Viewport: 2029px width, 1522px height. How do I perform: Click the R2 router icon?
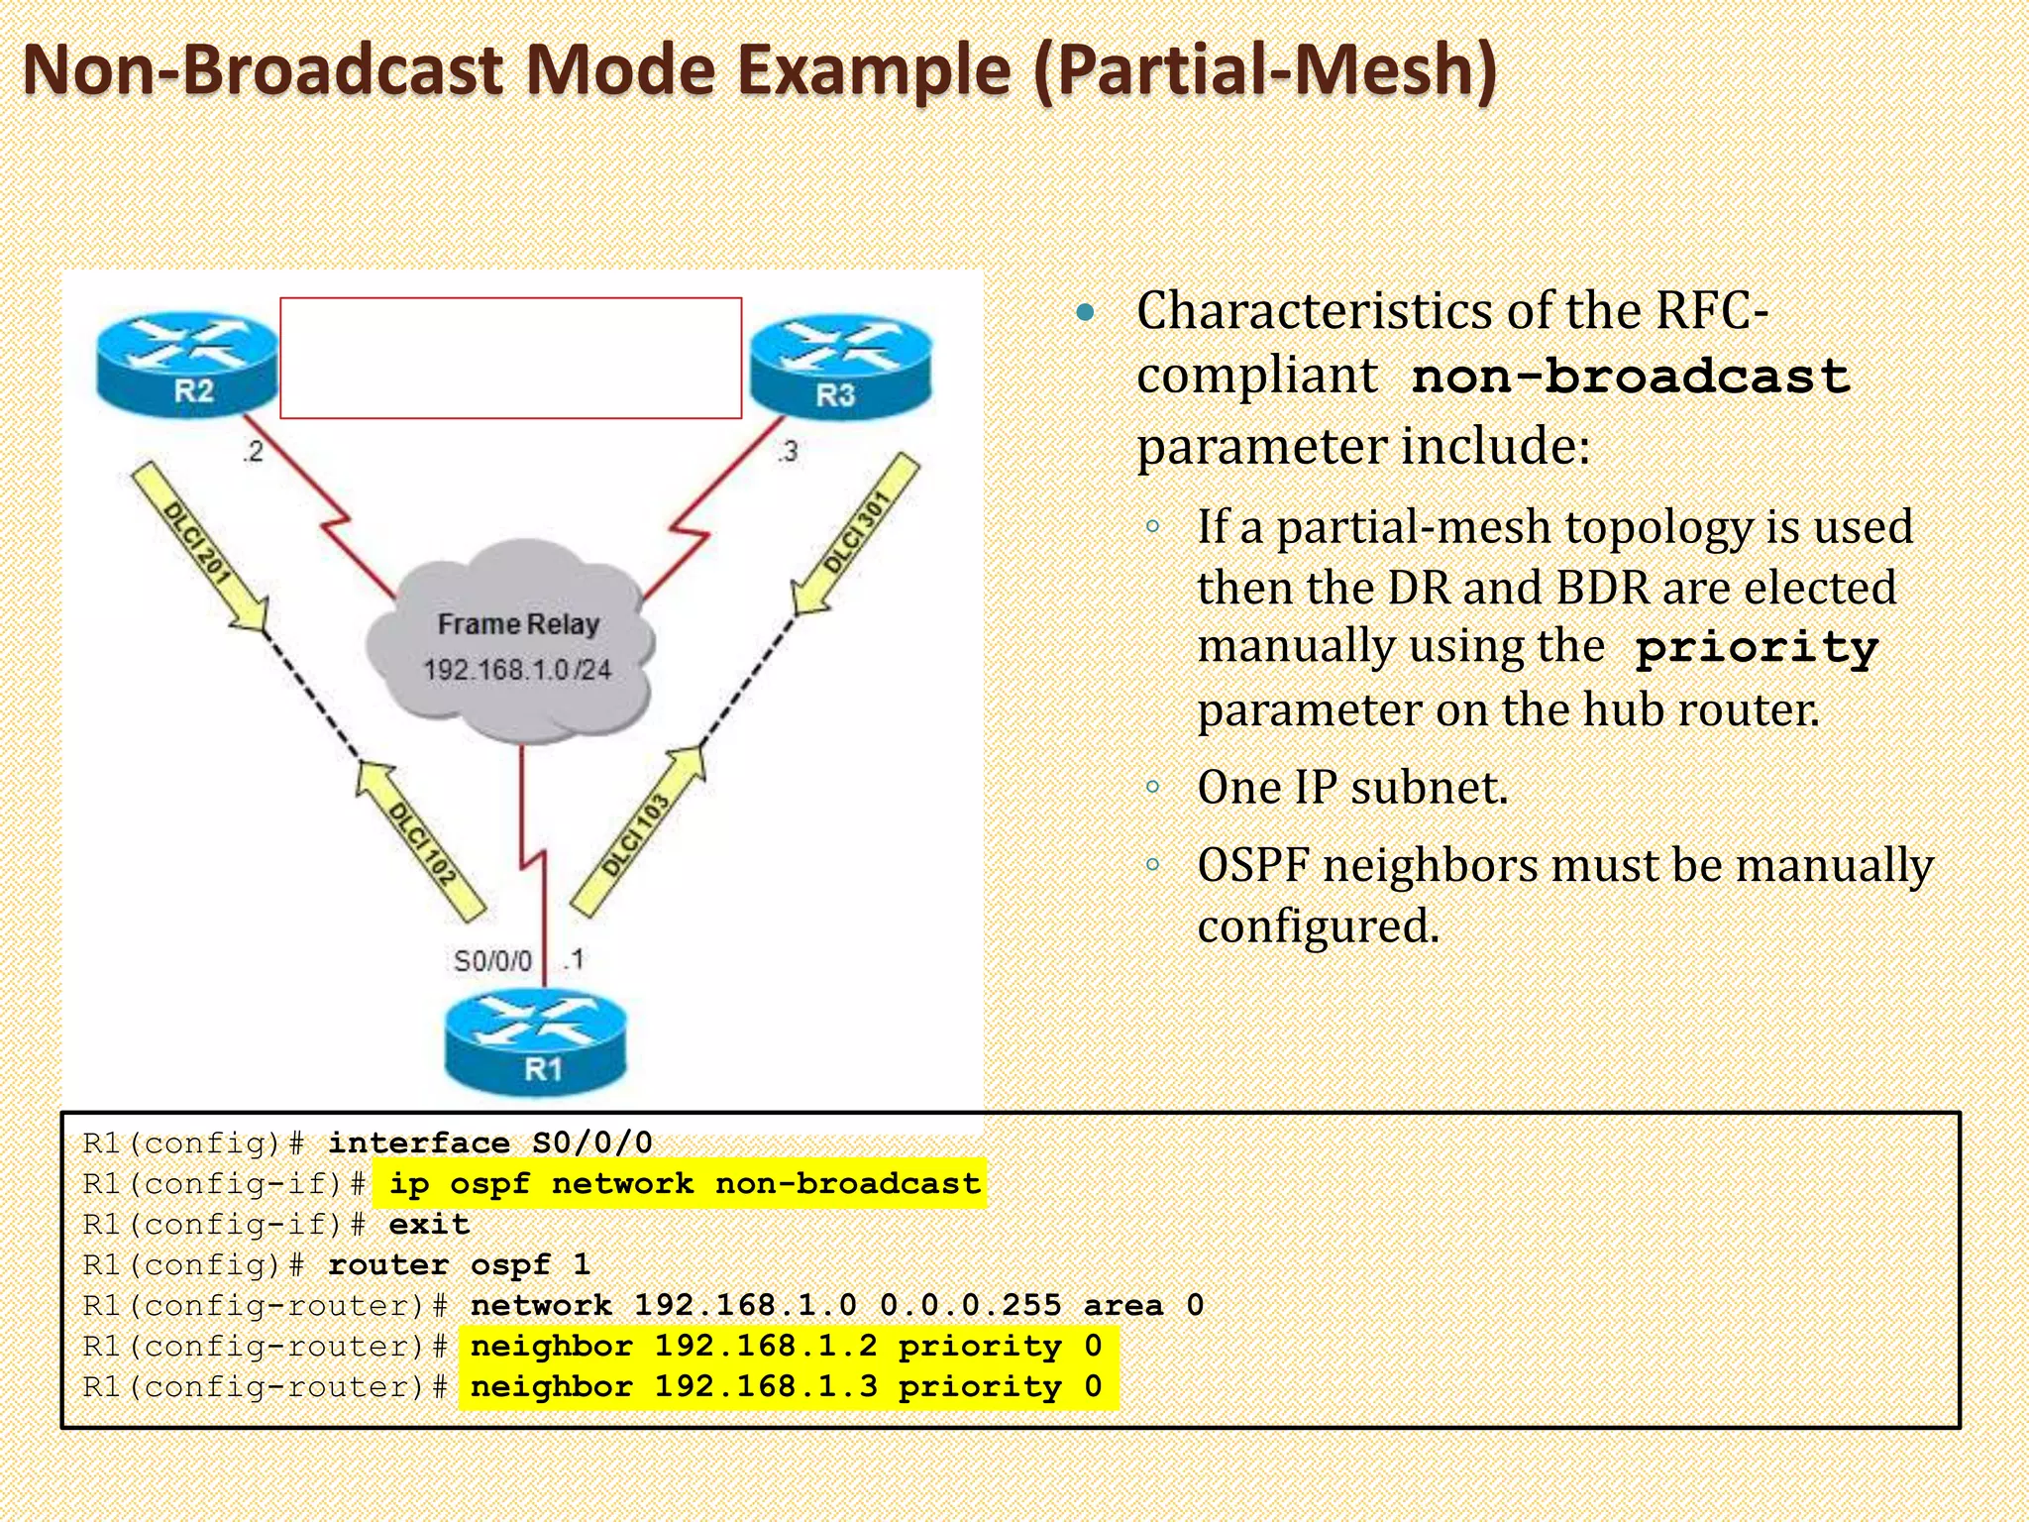coord(187,365)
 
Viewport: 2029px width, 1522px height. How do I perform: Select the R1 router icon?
coord(536,1045)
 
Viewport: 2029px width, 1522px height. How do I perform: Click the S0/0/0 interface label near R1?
coord(492,961)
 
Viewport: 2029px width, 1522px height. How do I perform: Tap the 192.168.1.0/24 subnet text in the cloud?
coord(517,671)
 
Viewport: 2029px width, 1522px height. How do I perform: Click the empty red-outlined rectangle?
coord(510,358)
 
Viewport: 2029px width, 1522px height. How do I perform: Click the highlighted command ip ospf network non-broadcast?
coord(684,1183)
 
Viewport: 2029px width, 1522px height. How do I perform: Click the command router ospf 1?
coord(459,1264)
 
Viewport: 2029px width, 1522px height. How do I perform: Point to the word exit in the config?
coord(429,1224)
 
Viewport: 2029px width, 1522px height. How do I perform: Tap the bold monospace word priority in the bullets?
coord(1756,648)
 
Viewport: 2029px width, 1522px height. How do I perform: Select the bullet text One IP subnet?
coord(1351,788)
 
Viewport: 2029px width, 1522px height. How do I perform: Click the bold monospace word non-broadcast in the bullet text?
coord(1631,378)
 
